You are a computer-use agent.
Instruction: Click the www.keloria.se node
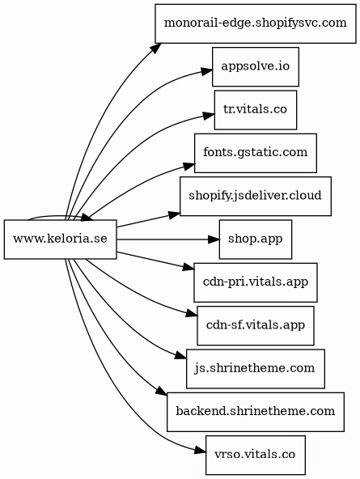click(60, 239)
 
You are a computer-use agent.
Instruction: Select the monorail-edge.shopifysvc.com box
click(256, 23)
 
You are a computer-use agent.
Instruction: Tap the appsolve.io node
click(256, 66)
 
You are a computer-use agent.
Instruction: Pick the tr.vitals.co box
click(256, 110)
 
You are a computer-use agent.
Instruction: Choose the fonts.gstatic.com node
click(256, 153)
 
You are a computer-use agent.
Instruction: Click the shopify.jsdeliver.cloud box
click(256, 196)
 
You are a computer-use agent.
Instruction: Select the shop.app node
click(256, 239)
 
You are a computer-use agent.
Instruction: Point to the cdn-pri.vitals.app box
click(256, 282)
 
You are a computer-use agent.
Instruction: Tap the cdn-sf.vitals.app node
click(256, 325)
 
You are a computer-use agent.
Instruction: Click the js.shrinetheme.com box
click(256, 369)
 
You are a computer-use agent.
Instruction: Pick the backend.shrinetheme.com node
click(256, 412)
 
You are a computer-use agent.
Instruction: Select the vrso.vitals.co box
click(256, 455)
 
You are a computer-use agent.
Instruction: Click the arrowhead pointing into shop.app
click(214, 239)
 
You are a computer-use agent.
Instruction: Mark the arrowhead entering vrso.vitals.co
click(201, 451)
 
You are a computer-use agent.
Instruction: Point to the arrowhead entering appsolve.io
click(207, 71)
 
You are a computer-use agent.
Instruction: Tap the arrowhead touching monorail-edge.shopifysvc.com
click(156, 48)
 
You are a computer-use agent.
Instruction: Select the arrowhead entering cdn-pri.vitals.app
click(188, 268)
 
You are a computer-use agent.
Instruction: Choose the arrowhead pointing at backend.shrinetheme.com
click(162, 392)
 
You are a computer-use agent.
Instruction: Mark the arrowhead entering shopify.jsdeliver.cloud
click(175, 214)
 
